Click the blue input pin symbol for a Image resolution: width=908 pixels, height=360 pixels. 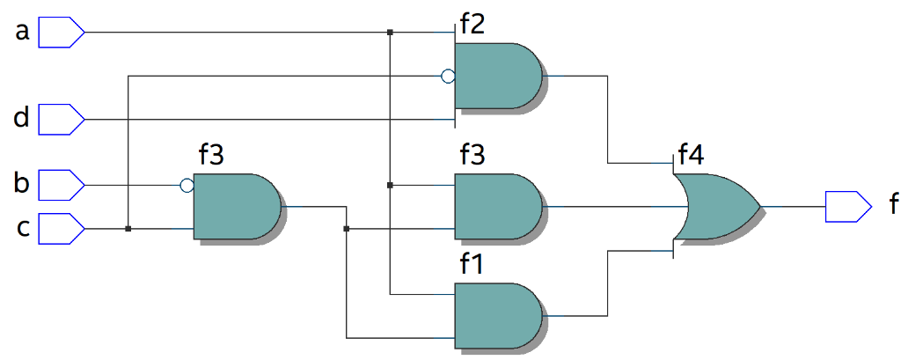(62, 33)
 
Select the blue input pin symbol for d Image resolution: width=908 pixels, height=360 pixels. (62, 117)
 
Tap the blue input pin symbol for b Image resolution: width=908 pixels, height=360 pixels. (62, 186)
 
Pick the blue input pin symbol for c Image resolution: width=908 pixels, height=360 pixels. (62, 228)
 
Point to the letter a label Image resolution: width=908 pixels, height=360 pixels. (23, 33)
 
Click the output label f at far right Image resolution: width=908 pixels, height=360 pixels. (893, 206)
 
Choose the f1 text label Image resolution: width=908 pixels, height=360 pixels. (472, 265)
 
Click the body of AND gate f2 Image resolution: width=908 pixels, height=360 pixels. (497, 76)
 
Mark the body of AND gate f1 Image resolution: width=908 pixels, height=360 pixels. (497, 315)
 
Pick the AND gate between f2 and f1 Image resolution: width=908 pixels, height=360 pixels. (497, 207)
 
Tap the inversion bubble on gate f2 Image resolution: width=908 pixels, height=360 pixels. (448, 76)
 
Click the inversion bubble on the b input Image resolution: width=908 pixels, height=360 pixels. (187, 186)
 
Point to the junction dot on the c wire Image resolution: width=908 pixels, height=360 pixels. (128, 229)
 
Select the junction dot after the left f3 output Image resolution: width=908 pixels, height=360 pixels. (347, 229)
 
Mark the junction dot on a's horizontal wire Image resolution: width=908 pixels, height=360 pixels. (390, 33)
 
